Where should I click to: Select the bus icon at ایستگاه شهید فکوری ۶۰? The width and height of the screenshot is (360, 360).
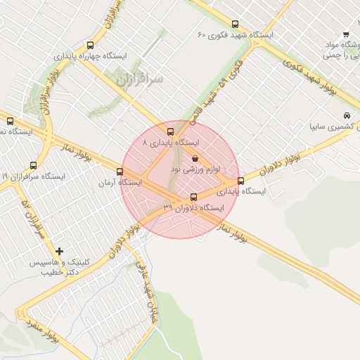point(234,23)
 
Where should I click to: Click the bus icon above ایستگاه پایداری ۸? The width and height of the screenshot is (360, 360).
point(170,131)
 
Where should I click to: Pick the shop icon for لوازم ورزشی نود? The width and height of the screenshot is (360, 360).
point(195,159)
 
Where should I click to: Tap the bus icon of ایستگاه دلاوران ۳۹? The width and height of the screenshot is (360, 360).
point(194,197)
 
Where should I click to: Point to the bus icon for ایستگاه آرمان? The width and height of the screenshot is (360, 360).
point(119,172)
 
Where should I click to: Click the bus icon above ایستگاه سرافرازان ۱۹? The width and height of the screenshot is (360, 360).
point(34,166)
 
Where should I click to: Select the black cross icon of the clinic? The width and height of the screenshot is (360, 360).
point(59,251)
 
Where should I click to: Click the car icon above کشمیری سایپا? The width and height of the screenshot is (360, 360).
point(347,115)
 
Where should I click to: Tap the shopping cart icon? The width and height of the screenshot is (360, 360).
point(346,34)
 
